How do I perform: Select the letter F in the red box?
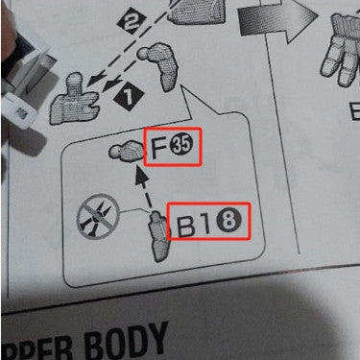(156, 148)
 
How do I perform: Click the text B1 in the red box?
(193, 226)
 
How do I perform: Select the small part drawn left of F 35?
(126, 152)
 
